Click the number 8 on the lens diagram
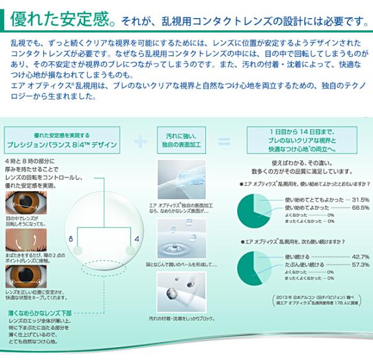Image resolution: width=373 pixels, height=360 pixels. click(71, 239)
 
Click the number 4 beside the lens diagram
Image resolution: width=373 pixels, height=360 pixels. click(135, 239)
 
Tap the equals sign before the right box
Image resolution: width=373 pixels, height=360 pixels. click(224, 142)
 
